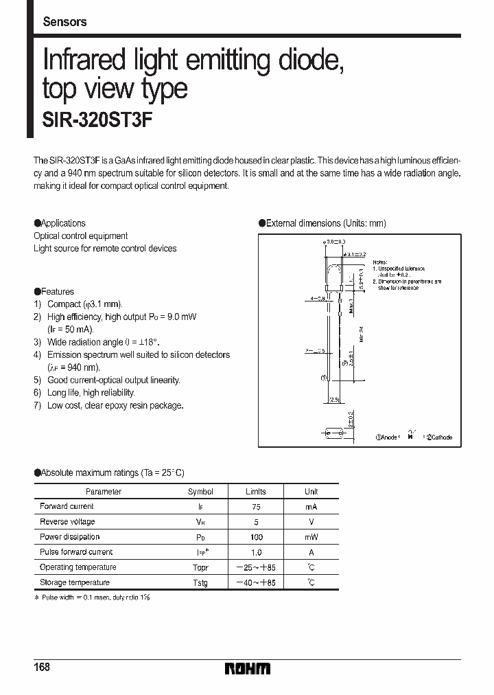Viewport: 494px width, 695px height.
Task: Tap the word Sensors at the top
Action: [x=64, y=22]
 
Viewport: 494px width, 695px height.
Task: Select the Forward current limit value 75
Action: [x=255, y=507]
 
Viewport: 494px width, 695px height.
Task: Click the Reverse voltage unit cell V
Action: [x=311, y=522]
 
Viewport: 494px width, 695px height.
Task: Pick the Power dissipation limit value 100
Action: [x=255, y=537]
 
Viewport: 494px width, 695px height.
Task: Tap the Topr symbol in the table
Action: [x=200, y=568]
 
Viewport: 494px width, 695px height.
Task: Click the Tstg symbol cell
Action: [x=200, y=583]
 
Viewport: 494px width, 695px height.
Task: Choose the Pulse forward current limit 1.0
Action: [x=255, y=552]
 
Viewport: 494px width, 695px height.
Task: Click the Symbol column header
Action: [x=200, y=492]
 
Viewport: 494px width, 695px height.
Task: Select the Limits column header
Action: [x=255, y=492]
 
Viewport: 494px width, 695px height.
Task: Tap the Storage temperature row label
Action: [x=74, y=583]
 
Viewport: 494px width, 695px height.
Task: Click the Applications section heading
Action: [x=60, y=223]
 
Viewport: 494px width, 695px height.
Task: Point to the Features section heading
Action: [x=55, y=292]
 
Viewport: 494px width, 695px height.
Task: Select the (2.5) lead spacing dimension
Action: [x=334, y=400]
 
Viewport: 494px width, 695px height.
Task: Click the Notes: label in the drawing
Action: [x=379, y=262]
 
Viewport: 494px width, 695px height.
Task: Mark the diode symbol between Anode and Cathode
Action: [x=410, y=435]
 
